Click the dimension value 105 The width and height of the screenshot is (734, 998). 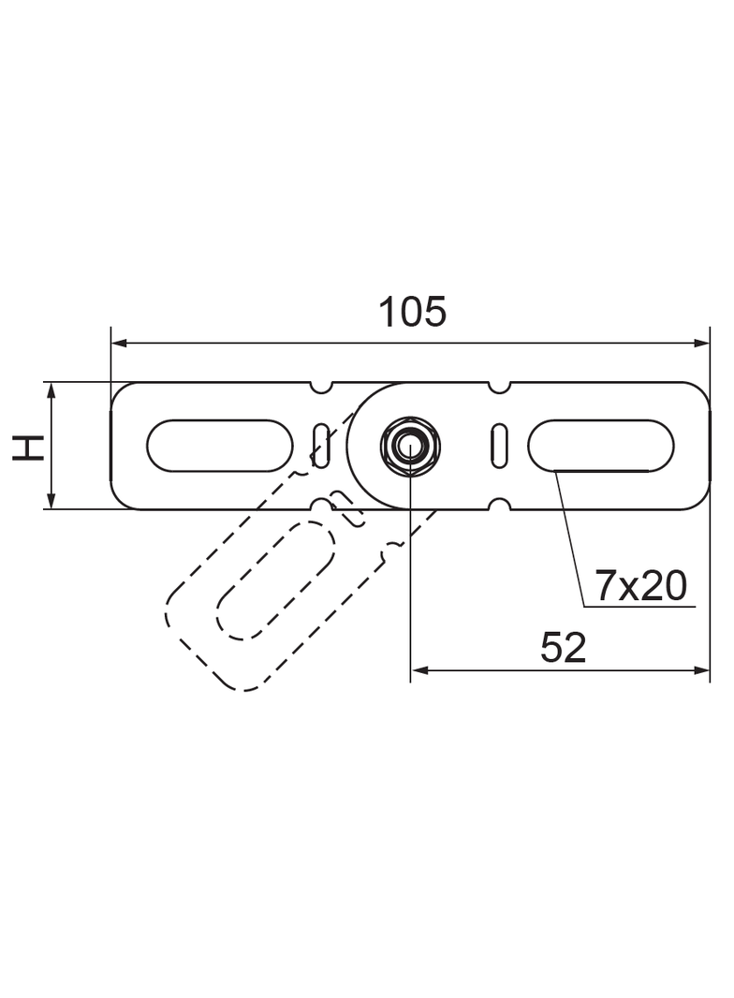coord(412,312)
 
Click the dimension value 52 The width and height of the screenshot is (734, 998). coord(563,648)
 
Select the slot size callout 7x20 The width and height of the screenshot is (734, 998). coord(641,587)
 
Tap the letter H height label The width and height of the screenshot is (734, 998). coord(31,447)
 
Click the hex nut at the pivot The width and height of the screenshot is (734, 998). coord(409,446)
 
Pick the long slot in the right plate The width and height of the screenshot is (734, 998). coord(601,446)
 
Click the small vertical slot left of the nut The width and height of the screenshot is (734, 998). coord(321,446)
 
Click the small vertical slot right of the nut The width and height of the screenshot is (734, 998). coord(500,446)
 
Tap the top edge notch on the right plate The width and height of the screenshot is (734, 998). coord(500,386)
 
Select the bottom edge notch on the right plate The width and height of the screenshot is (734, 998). coord(500,506)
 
